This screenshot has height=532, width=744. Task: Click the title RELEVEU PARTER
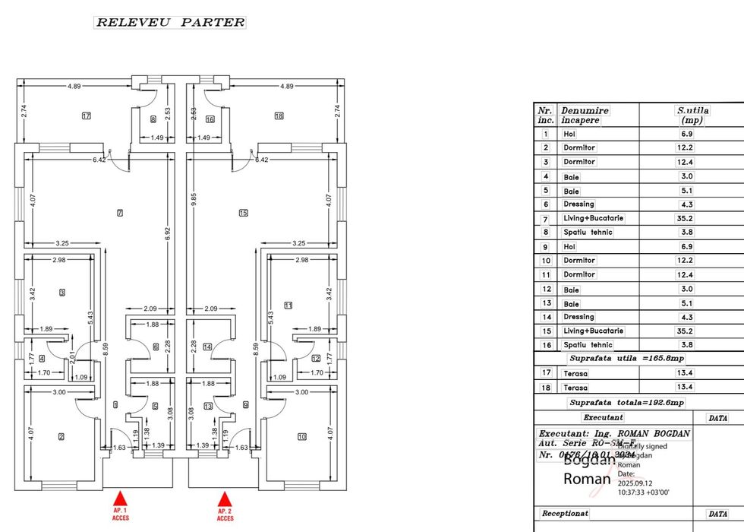click(x=170, y=22)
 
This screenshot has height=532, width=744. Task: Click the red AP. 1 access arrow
click(x=120, y=499)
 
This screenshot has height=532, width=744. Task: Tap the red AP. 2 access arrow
click(x=224, y=499)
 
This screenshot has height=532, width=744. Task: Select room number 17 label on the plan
click(x=86, y=116)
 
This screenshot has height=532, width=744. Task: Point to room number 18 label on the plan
click(x=279, y=116)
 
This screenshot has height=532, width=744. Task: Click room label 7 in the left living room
click(x=120, y=212)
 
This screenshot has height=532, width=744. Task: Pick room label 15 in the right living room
click(x=243, y=212)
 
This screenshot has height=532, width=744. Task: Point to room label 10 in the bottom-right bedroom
click(x=301, y=436)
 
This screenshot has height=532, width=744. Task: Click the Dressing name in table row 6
click(x=578, y=204)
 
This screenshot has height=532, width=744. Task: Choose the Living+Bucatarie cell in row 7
click(x=593, y=218)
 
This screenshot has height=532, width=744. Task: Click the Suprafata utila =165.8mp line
click(x=626, y=358)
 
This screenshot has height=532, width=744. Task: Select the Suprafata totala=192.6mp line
click(x=626, y=403)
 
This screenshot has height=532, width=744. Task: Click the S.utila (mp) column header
click(x=692, y=115)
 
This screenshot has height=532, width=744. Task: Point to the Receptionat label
click(x=565, y=514)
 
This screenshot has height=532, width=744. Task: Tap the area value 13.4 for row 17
click(x=686, y=373)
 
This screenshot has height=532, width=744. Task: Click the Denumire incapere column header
click(x=585, y=115)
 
